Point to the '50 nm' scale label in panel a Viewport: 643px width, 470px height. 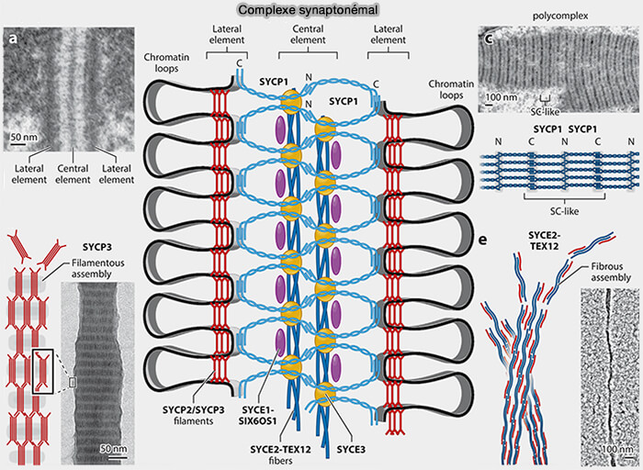tap(22, 137)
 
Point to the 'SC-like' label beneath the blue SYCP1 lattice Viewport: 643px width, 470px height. tap(549, 206)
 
